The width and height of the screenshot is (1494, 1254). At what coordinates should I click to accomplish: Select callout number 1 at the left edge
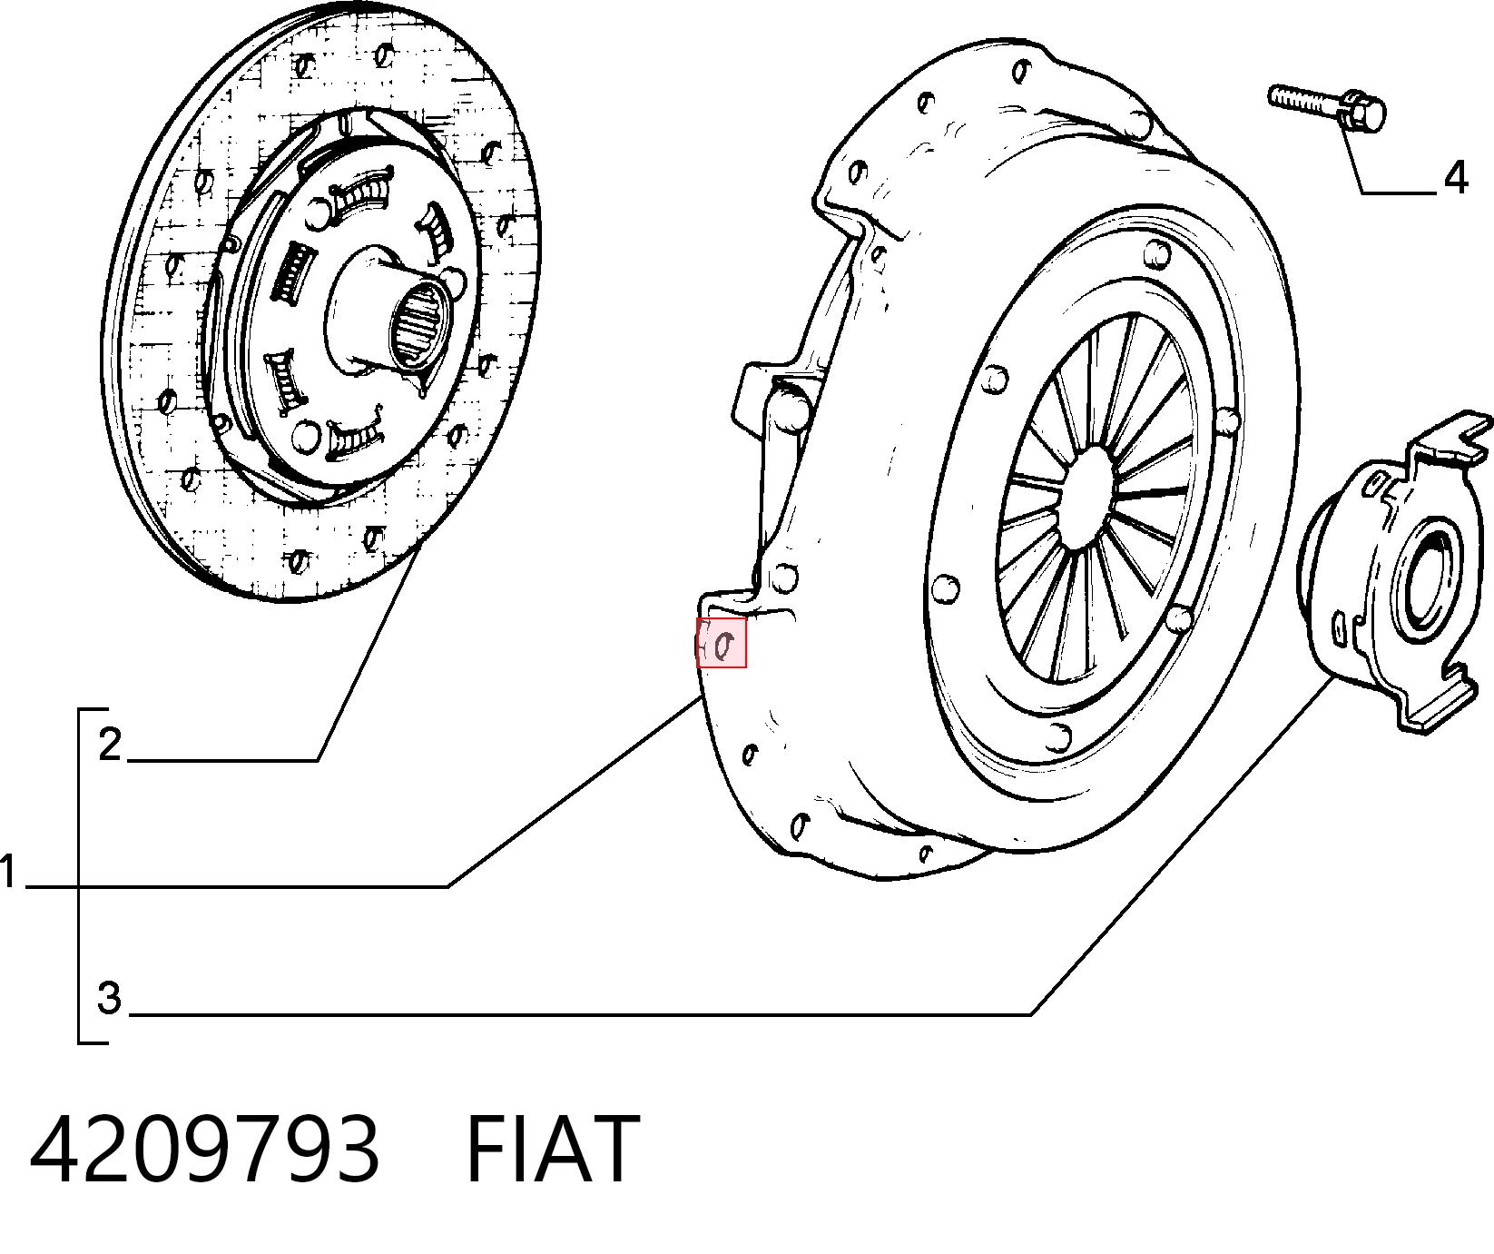point(8,872)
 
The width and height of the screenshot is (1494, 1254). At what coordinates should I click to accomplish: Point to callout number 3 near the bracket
point(109,997)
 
